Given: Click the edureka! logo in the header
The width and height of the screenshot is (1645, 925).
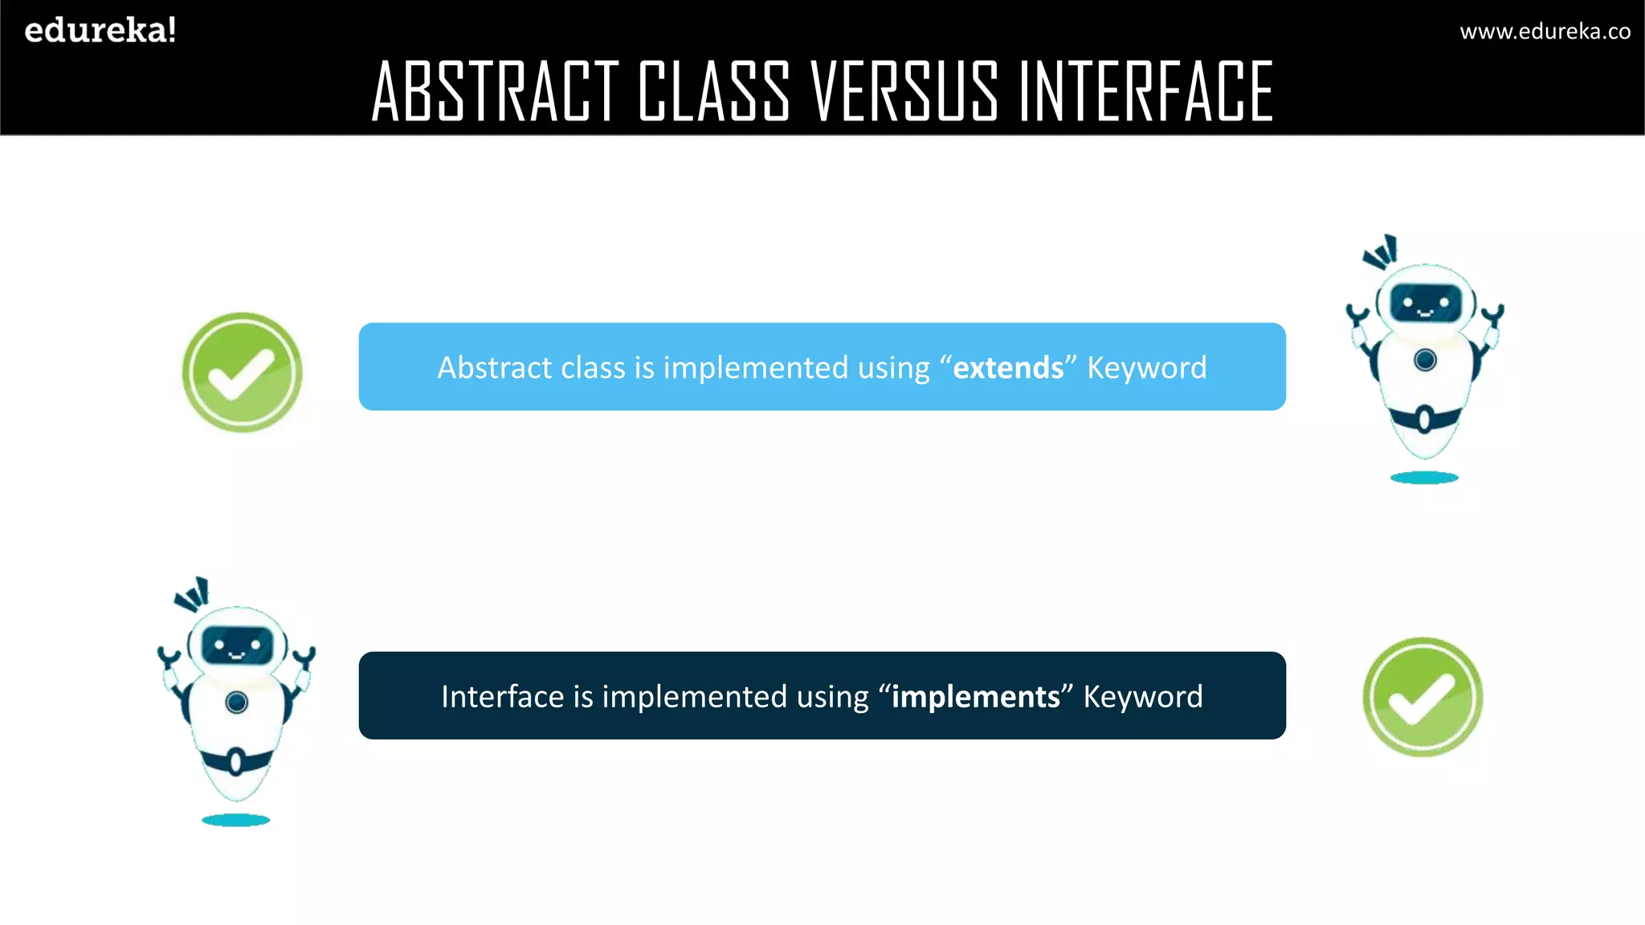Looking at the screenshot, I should pos(100,31).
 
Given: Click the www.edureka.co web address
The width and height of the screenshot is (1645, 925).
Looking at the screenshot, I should pos(1545,31).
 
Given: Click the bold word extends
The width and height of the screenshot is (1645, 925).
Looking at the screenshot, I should pos(1008,368).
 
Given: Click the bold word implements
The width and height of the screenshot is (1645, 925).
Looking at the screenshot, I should pos(975,697).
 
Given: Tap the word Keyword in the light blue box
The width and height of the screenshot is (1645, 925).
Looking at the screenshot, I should pos(1146,368).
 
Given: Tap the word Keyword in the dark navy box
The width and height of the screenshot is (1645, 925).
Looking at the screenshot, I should pos(1142,697).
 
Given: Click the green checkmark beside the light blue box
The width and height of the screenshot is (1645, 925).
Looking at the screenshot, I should pos(242,373).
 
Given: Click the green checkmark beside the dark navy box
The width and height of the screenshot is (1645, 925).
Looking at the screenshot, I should pos(1423,697).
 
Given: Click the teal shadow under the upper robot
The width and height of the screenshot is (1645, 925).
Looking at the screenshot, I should pos(1424,478).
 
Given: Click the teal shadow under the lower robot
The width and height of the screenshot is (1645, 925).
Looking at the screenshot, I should pos(235,820).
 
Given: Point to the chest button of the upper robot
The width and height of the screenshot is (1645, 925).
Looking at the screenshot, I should pos(1425,360).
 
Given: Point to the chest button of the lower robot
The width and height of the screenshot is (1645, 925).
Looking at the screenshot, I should pos(236,703).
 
